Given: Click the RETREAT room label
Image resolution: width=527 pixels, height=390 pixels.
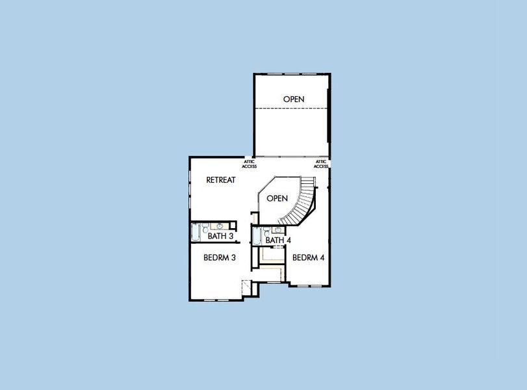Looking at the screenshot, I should [x=220, y=180].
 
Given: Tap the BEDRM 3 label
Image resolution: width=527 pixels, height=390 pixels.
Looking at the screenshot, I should [x=219, y=258].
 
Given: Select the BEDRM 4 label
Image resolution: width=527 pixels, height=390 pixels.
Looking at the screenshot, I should [x=308, y=258].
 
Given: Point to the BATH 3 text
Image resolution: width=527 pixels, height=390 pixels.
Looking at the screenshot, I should [x=221, y=237].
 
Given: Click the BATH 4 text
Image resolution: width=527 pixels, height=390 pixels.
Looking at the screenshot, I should [x=278, y=240].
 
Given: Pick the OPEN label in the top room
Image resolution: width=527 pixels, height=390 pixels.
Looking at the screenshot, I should [x=294, y=99].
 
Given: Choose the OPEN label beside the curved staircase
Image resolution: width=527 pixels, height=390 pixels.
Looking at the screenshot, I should [x=277, y=198].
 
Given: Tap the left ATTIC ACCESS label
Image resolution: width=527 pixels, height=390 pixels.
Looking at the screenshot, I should [x=250, y=164].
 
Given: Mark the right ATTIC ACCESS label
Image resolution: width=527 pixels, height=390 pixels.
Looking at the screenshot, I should [x=321, y=164].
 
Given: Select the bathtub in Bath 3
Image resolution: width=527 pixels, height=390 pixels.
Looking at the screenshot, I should [x=195, y=233].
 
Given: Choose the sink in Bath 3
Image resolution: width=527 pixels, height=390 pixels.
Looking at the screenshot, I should [x=220, y=226].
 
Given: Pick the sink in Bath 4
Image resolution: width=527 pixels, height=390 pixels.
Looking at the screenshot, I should [x=278, y=230].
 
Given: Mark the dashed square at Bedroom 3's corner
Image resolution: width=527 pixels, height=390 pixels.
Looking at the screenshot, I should [x=247, y=287].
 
